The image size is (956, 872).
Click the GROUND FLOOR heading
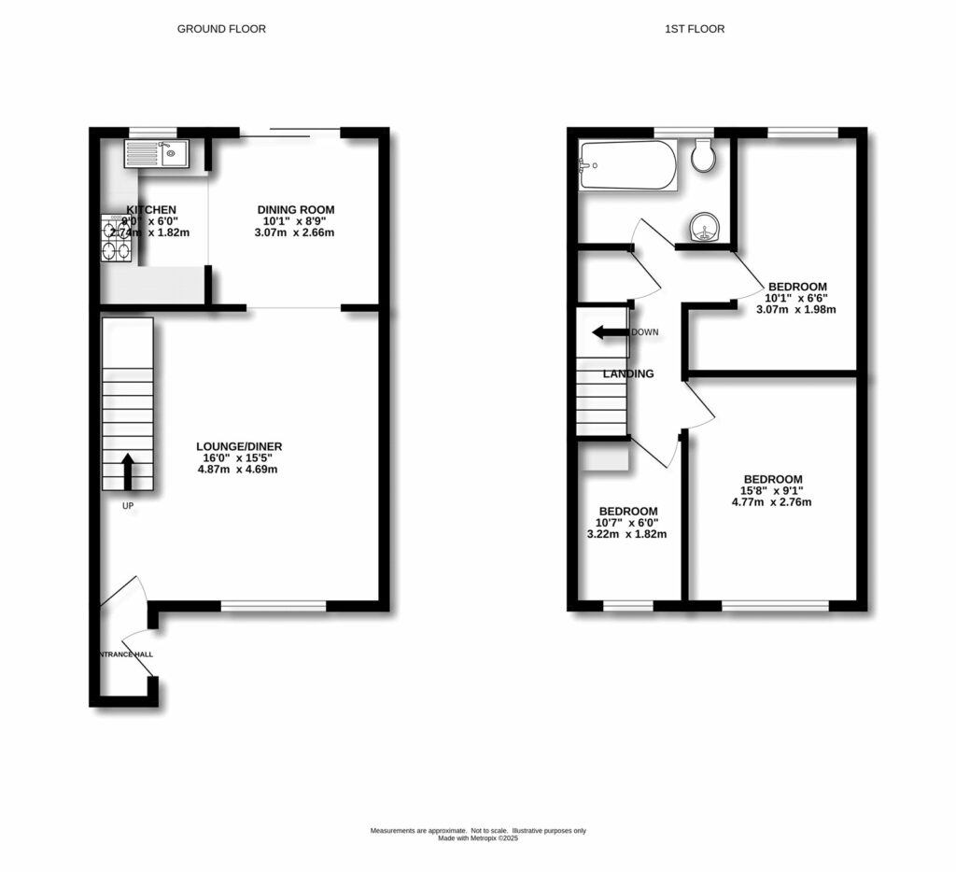point(221,29)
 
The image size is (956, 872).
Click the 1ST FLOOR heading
point(694,29)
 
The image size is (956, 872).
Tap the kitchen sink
point(159,152)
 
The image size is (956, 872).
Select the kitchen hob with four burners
point(118,239)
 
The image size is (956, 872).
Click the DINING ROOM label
point(295,210)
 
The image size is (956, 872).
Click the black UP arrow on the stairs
point(127,472)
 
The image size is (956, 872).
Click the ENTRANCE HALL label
point(125,654)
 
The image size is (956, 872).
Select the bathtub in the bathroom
point(626,165)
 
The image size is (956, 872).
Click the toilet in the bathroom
point(705,156)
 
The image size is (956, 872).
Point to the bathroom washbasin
point(704,226)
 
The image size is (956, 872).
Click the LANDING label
point(628,373)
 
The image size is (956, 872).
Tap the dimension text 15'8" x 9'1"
point(771,490)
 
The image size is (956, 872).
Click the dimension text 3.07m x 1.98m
point(795,309)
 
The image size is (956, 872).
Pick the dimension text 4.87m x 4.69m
point(238,470)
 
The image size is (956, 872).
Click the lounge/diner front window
point(274,607)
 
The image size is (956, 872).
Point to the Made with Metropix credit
point(478,838)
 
